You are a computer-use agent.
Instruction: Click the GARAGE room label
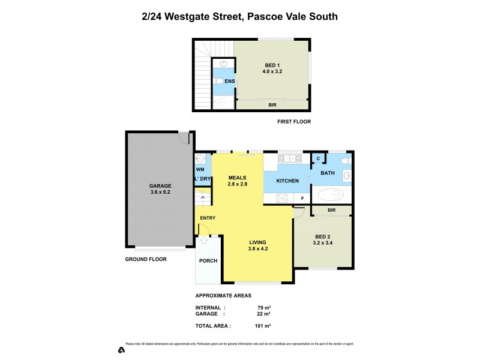click(x=160, y=185)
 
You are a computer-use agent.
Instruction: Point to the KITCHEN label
click(x=287, y=181)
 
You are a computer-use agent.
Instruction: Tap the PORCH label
click(x=208, y=260)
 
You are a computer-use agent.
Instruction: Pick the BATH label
click(x=328, y=173)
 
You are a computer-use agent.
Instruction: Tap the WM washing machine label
click(x=200, y=170)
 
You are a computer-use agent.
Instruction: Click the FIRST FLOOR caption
click(x=294, y=121)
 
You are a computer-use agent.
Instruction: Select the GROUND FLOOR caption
click(x=146, y=259)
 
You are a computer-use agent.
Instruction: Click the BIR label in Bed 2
click(x=331, y=210)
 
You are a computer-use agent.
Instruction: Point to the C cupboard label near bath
click(x=318, y=158)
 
